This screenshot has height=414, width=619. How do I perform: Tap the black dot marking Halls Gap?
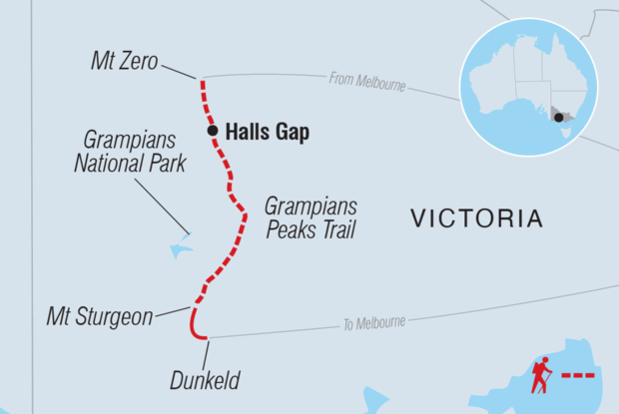pos(212,130)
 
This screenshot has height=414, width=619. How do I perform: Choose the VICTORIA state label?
pos(477,218)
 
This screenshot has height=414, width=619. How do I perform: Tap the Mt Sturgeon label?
pos(100,317)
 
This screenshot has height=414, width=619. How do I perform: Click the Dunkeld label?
pos(205,379)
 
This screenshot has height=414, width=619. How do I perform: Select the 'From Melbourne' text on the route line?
pos(368,83)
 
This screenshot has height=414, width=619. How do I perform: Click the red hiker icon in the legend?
pos(541,376)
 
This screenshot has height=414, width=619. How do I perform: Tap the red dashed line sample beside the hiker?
pos(576,377)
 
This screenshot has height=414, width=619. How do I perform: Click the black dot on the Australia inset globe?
pos(557,117)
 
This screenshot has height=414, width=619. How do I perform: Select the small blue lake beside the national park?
pos(180,245)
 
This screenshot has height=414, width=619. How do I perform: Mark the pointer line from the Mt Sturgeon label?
pos(172,312)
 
